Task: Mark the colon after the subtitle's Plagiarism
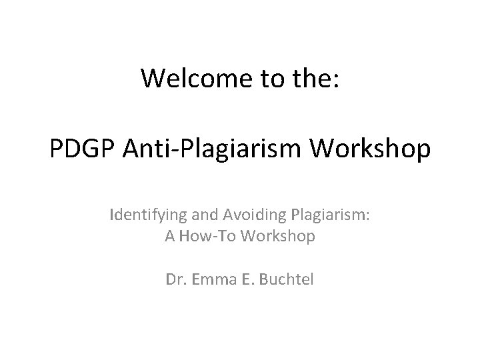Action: (367, 217)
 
